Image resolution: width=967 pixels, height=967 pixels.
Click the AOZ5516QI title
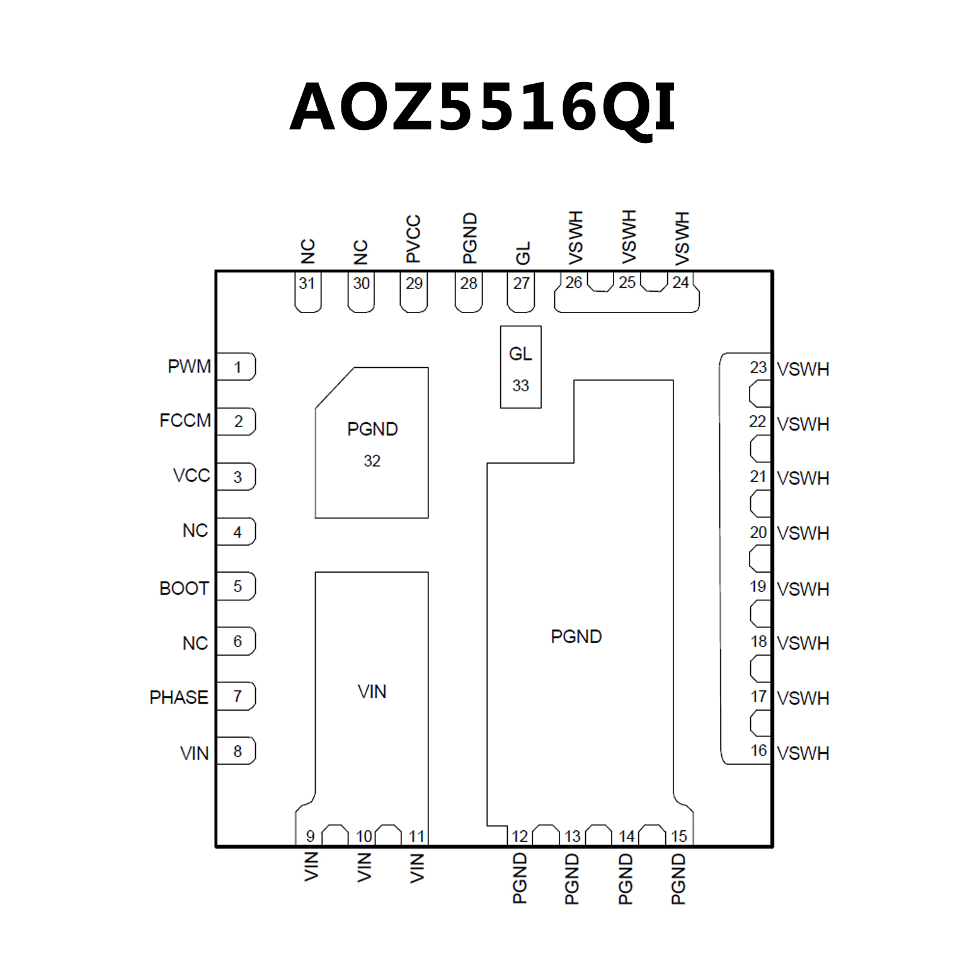pyautogui.click(x=483, y=107)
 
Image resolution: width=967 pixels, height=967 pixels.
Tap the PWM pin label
pyautogui.click(x=189, y=367)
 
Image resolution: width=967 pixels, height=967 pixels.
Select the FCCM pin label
pyautogui.click(x=185, y=421)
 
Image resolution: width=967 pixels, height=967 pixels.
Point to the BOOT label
pyautogui.click(x=184, y=588)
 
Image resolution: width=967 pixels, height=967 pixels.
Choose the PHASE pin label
pyautogui.click(x=179, y=697)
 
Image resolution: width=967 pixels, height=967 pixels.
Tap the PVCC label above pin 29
pyautogui.click(x=413, y=239)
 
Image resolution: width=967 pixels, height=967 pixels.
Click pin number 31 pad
pyautogui.click(x=307, y=291)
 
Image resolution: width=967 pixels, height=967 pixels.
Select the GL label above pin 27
pyautogui.click(x=523, y=253)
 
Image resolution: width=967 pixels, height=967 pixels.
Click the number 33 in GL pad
pyautogui.click(x=520, y=386)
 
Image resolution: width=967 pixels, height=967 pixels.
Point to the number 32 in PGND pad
pyautogui.click(x=372, y=461)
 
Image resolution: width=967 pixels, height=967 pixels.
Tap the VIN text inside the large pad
pyautogui.click(x=372, y=692)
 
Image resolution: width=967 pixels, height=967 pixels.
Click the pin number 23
pyautogui.click(x=758, y=367)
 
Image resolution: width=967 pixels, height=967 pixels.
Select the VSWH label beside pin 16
pyautogui.click(x=803, y=753)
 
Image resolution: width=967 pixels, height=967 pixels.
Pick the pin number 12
pyautogui.click(x=520, y=836)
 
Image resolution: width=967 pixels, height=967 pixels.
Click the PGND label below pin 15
pyautogui.click(x=678, y=879)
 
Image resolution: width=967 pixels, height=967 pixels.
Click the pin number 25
pyautogui.click(x=627, y=282)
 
